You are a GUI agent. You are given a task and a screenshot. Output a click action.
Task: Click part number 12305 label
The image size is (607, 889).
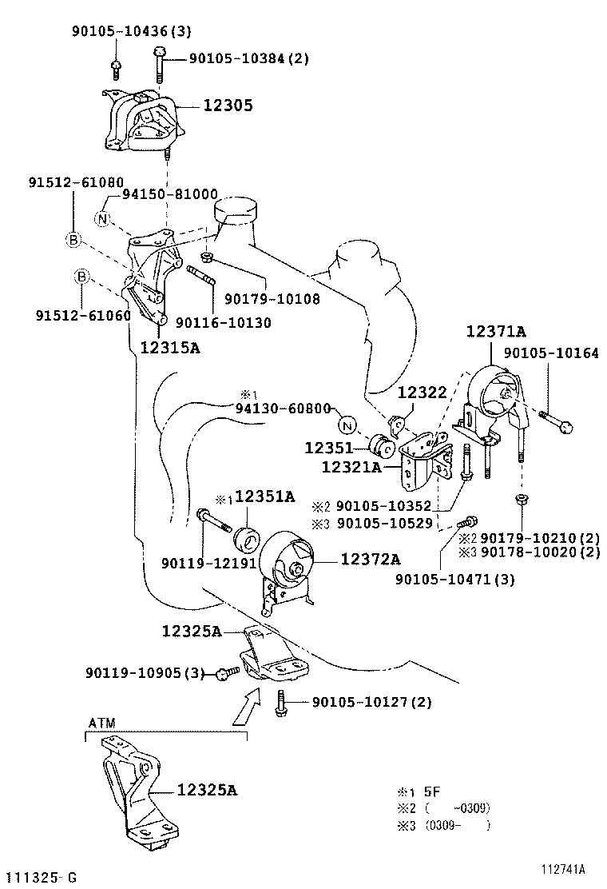[227, 105]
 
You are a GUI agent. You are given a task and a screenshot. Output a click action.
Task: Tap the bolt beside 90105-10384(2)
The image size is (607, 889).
[160, 63]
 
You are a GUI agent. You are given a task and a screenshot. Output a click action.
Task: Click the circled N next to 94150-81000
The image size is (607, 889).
[102, 217]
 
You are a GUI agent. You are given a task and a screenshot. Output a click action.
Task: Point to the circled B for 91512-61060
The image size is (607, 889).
[81, 277]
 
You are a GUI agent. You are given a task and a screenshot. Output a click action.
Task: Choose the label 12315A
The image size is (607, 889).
[170, 347]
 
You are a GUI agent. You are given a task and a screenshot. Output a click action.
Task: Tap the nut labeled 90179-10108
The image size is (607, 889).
[206, 257]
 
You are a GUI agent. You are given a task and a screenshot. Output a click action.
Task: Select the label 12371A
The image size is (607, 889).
[497, 331]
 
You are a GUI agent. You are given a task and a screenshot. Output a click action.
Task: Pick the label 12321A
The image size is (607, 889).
[351, 466]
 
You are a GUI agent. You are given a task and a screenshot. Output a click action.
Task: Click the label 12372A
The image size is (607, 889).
[371, 560]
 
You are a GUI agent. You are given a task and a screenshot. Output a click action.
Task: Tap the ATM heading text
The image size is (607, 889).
[101, 723]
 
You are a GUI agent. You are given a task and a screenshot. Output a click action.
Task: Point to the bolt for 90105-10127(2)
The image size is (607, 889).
[280, 704]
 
